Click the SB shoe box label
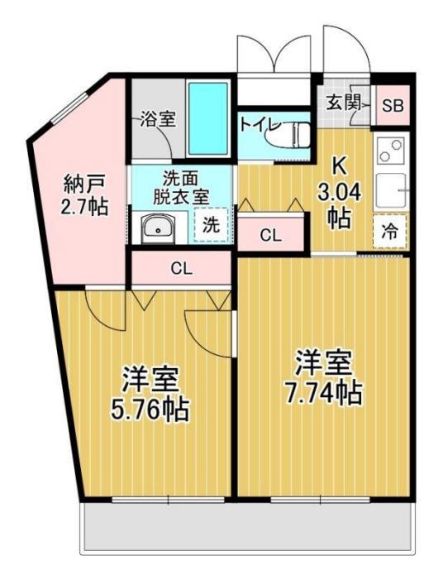(x=392, y=105)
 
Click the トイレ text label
(x=260, y=126)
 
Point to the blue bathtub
(x=207, y=117)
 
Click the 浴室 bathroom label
(x=157, y=119)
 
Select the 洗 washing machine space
(x=211, y=223)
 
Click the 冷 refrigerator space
(x=389, y=232)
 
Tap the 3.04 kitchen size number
(x=336, y=194)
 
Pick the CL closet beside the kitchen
(x=270, y=235)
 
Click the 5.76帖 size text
(x=150, y=408)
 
